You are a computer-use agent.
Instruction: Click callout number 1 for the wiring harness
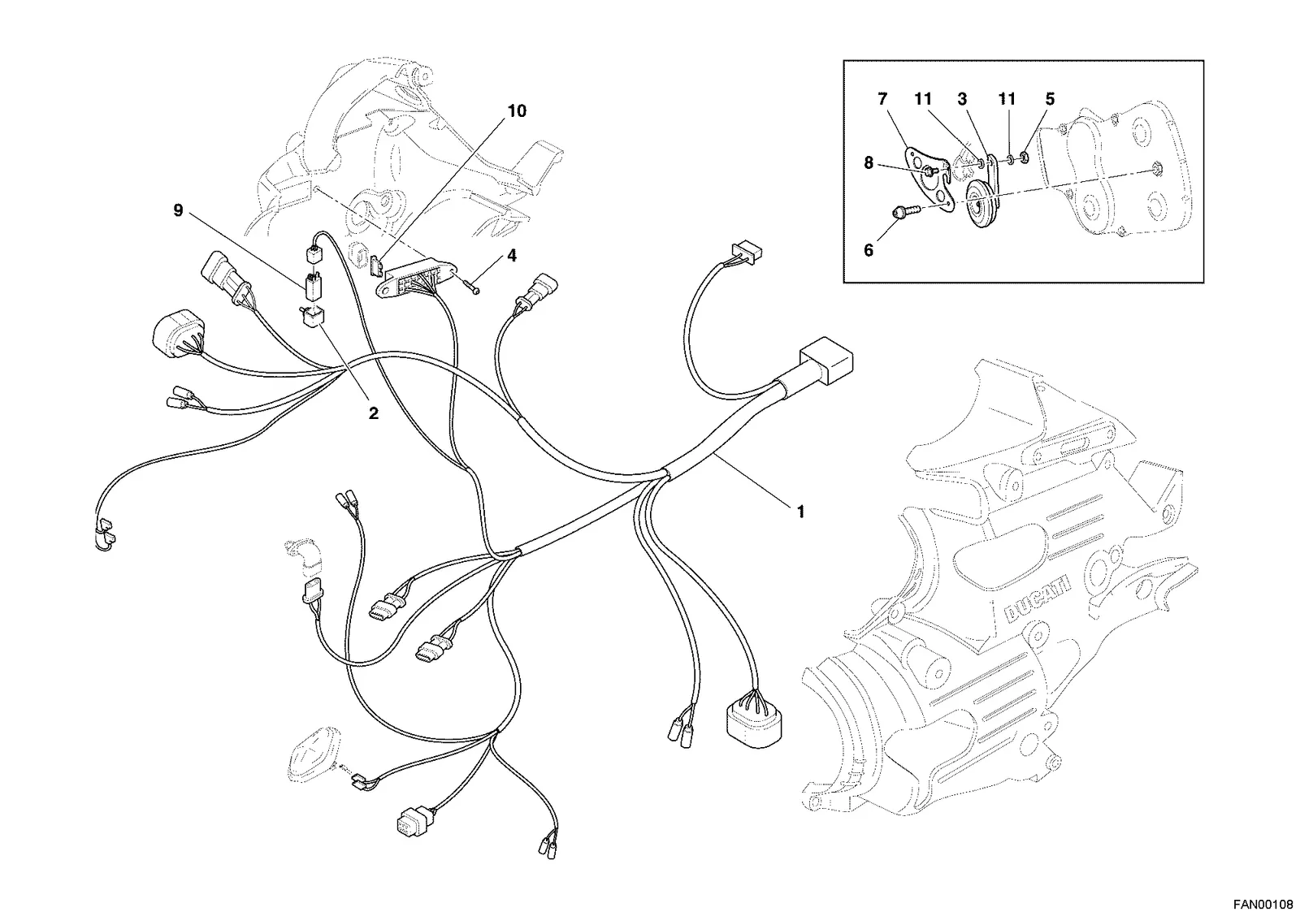[801, 512]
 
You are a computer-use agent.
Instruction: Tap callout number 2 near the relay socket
[374, 413]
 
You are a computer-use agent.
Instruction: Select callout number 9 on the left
[178, 210]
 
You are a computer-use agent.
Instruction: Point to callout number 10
[517, 110]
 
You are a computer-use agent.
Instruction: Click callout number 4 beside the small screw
[511, 255]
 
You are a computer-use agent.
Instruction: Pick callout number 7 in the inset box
[882, 100]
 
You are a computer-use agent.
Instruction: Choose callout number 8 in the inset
[869, 163]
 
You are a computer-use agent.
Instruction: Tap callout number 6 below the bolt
[869, 250]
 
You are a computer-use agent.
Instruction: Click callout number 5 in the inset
[1050, 99]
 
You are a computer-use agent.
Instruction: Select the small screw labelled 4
[471, 285]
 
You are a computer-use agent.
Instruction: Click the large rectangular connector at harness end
[826, 360]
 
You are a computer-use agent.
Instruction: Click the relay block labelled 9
[311, 283]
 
